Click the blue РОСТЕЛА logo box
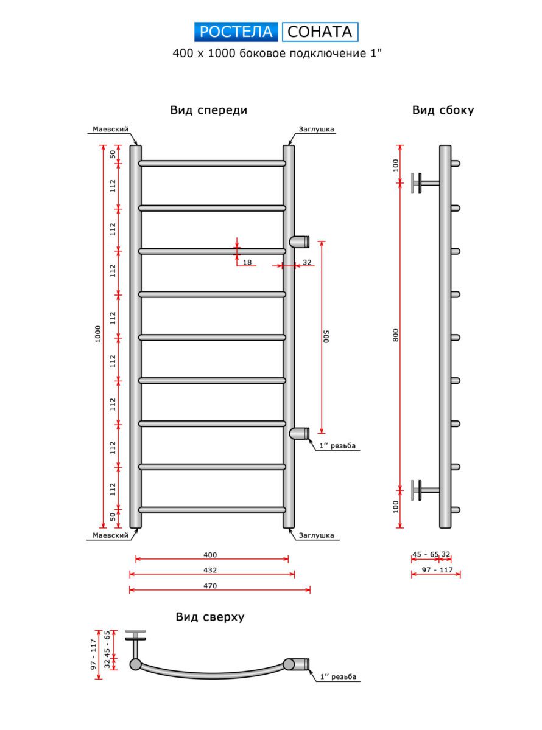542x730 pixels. coord(236,32)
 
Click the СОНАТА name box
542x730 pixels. coord(320,32)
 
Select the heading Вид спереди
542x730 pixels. coord(208,110)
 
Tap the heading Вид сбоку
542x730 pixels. coord(443,110)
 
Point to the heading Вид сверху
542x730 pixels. coord(210,617)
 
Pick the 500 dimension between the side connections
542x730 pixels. coord(326,336)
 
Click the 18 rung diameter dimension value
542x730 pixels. coord(247,262)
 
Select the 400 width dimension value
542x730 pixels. coord(211,555)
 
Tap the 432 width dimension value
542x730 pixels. coord(211,571)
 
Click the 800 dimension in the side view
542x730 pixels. coord(395,336)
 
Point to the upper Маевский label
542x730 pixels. coord(110,130)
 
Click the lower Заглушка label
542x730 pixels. coord(316,535)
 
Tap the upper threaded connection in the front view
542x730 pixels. coord(300,241)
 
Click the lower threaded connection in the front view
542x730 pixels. coord(300,433)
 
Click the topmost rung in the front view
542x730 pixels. coord(212,164)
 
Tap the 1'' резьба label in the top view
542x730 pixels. coord(337,677)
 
